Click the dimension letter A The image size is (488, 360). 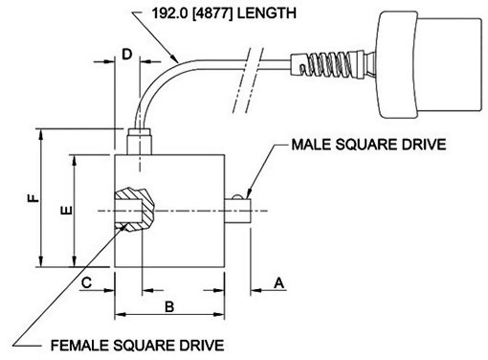(279, 282)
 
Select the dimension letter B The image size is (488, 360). (169, 306)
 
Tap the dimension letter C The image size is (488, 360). (86, 282)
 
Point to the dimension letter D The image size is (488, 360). (127, 55)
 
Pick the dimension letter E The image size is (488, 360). (67, 211)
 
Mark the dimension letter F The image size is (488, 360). (33, 198)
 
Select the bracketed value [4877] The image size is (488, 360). (213, 13)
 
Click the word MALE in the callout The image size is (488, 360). (312, 145)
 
